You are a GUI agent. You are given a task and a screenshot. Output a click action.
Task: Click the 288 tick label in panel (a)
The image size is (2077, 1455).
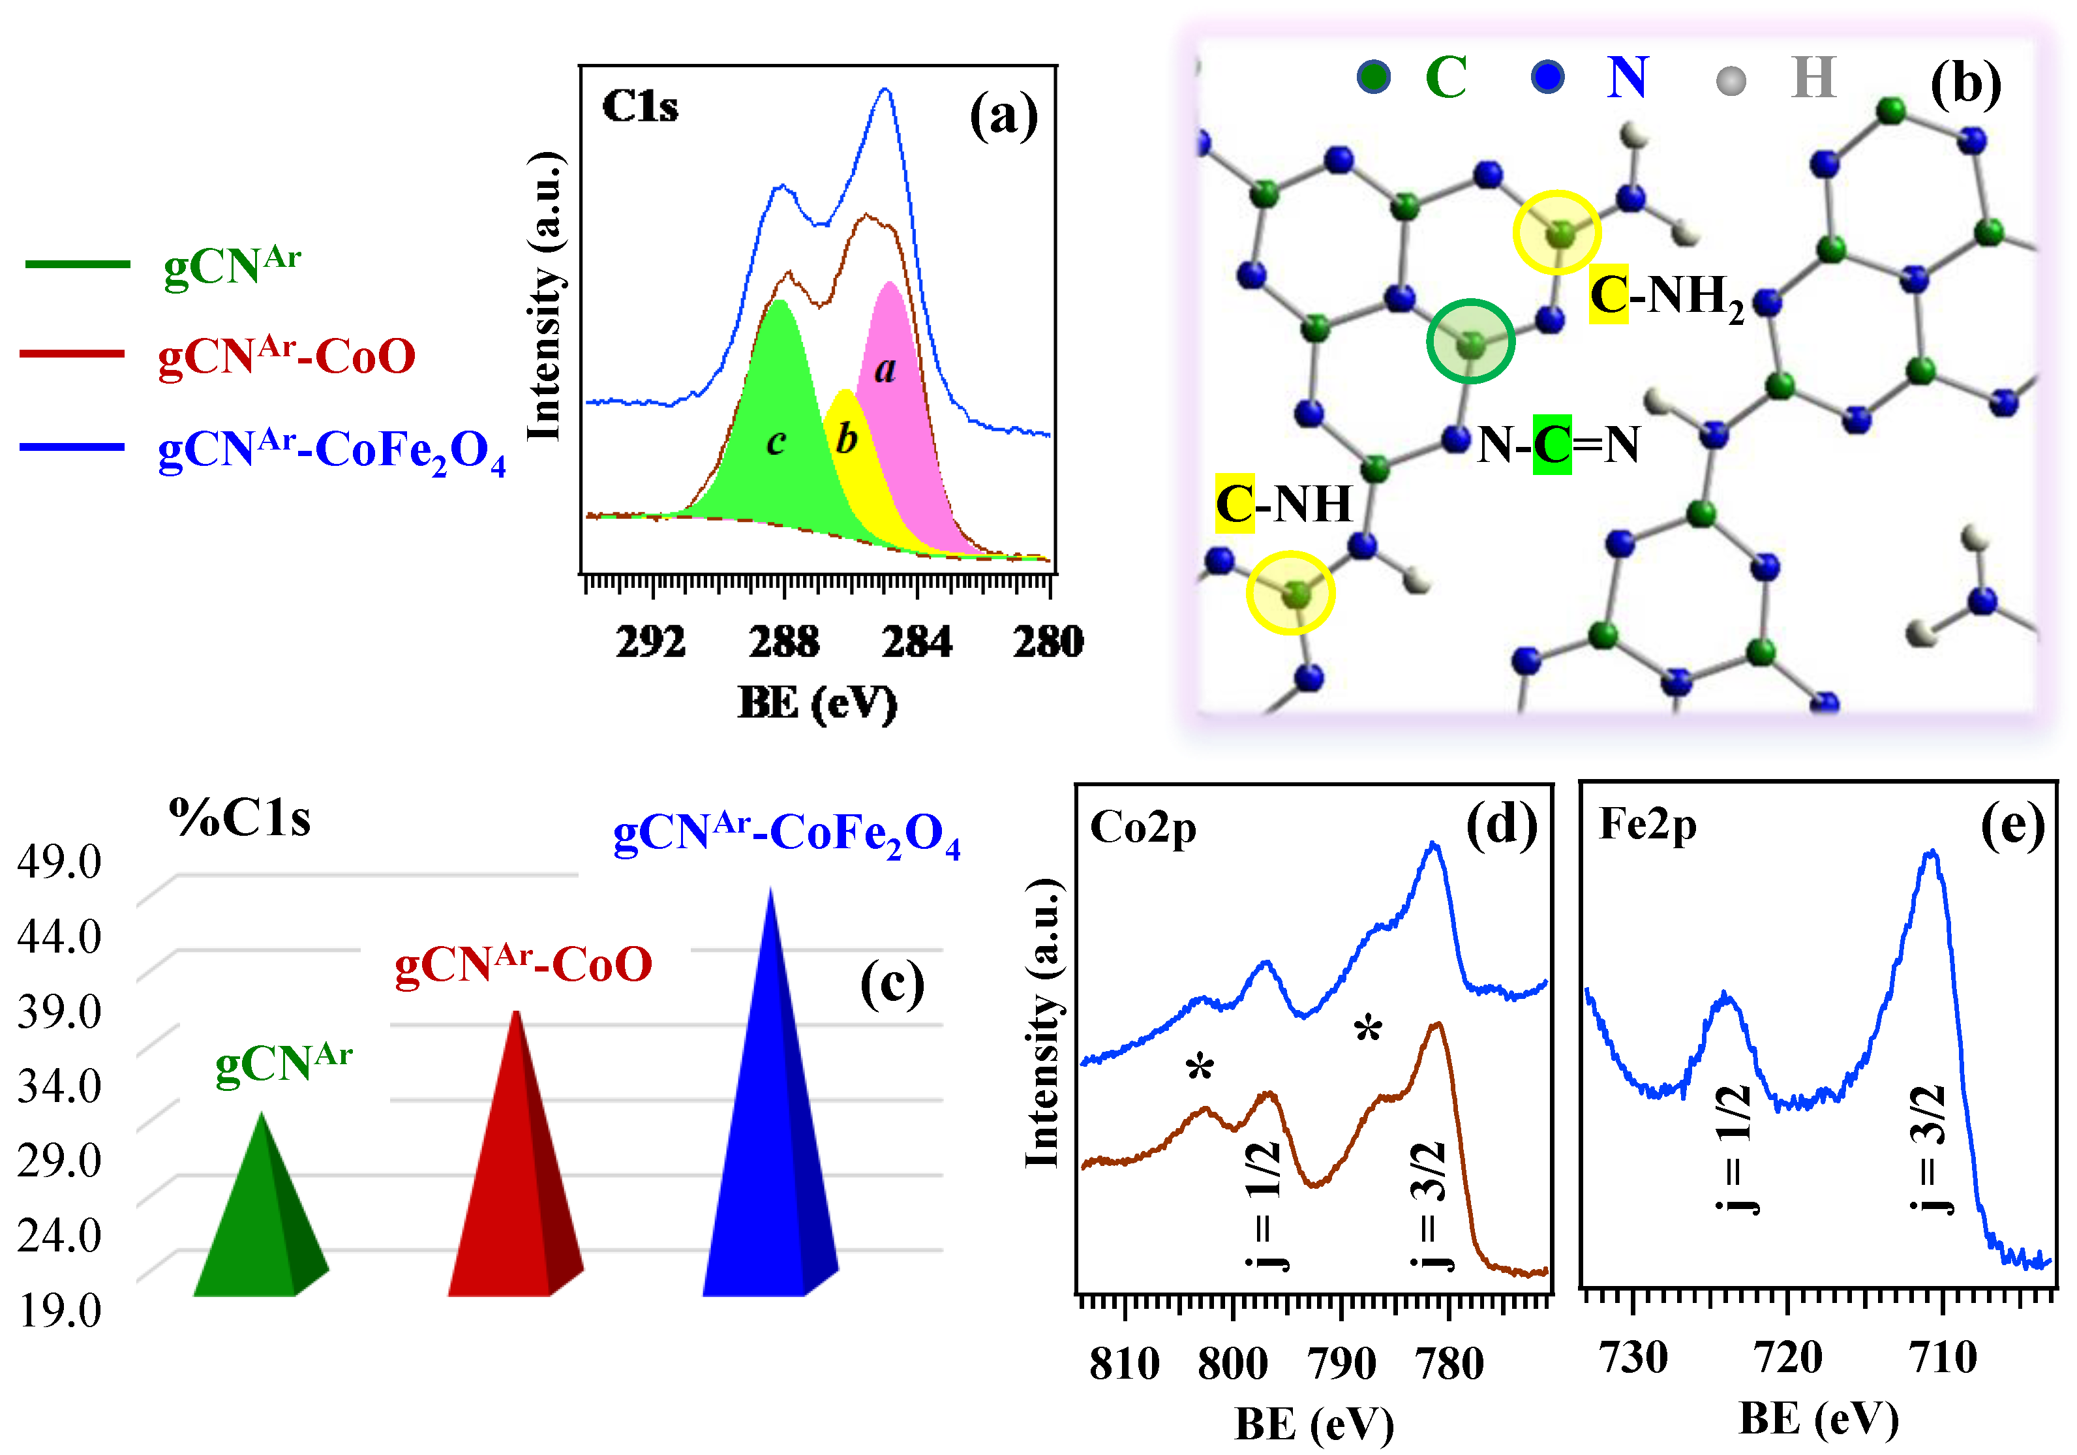(783, 641)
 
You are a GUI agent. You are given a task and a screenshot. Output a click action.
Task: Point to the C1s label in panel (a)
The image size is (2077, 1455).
(639, 107)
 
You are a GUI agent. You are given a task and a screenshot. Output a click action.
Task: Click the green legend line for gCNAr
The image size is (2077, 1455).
(78, 264)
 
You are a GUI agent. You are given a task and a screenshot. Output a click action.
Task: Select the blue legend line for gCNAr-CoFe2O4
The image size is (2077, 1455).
(72, 447)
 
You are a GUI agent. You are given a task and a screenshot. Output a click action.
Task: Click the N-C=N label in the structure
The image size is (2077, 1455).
(1558, 444)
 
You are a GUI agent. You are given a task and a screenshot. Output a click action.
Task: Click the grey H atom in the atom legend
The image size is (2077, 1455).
(1731, 80)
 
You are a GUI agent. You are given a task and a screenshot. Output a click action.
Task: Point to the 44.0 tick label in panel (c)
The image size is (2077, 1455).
(60, 936)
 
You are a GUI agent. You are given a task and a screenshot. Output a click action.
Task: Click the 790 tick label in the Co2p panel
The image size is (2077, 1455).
(1341, 1363)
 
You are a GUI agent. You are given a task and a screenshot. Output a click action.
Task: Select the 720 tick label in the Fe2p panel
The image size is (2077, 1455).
(1787, 1356)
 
